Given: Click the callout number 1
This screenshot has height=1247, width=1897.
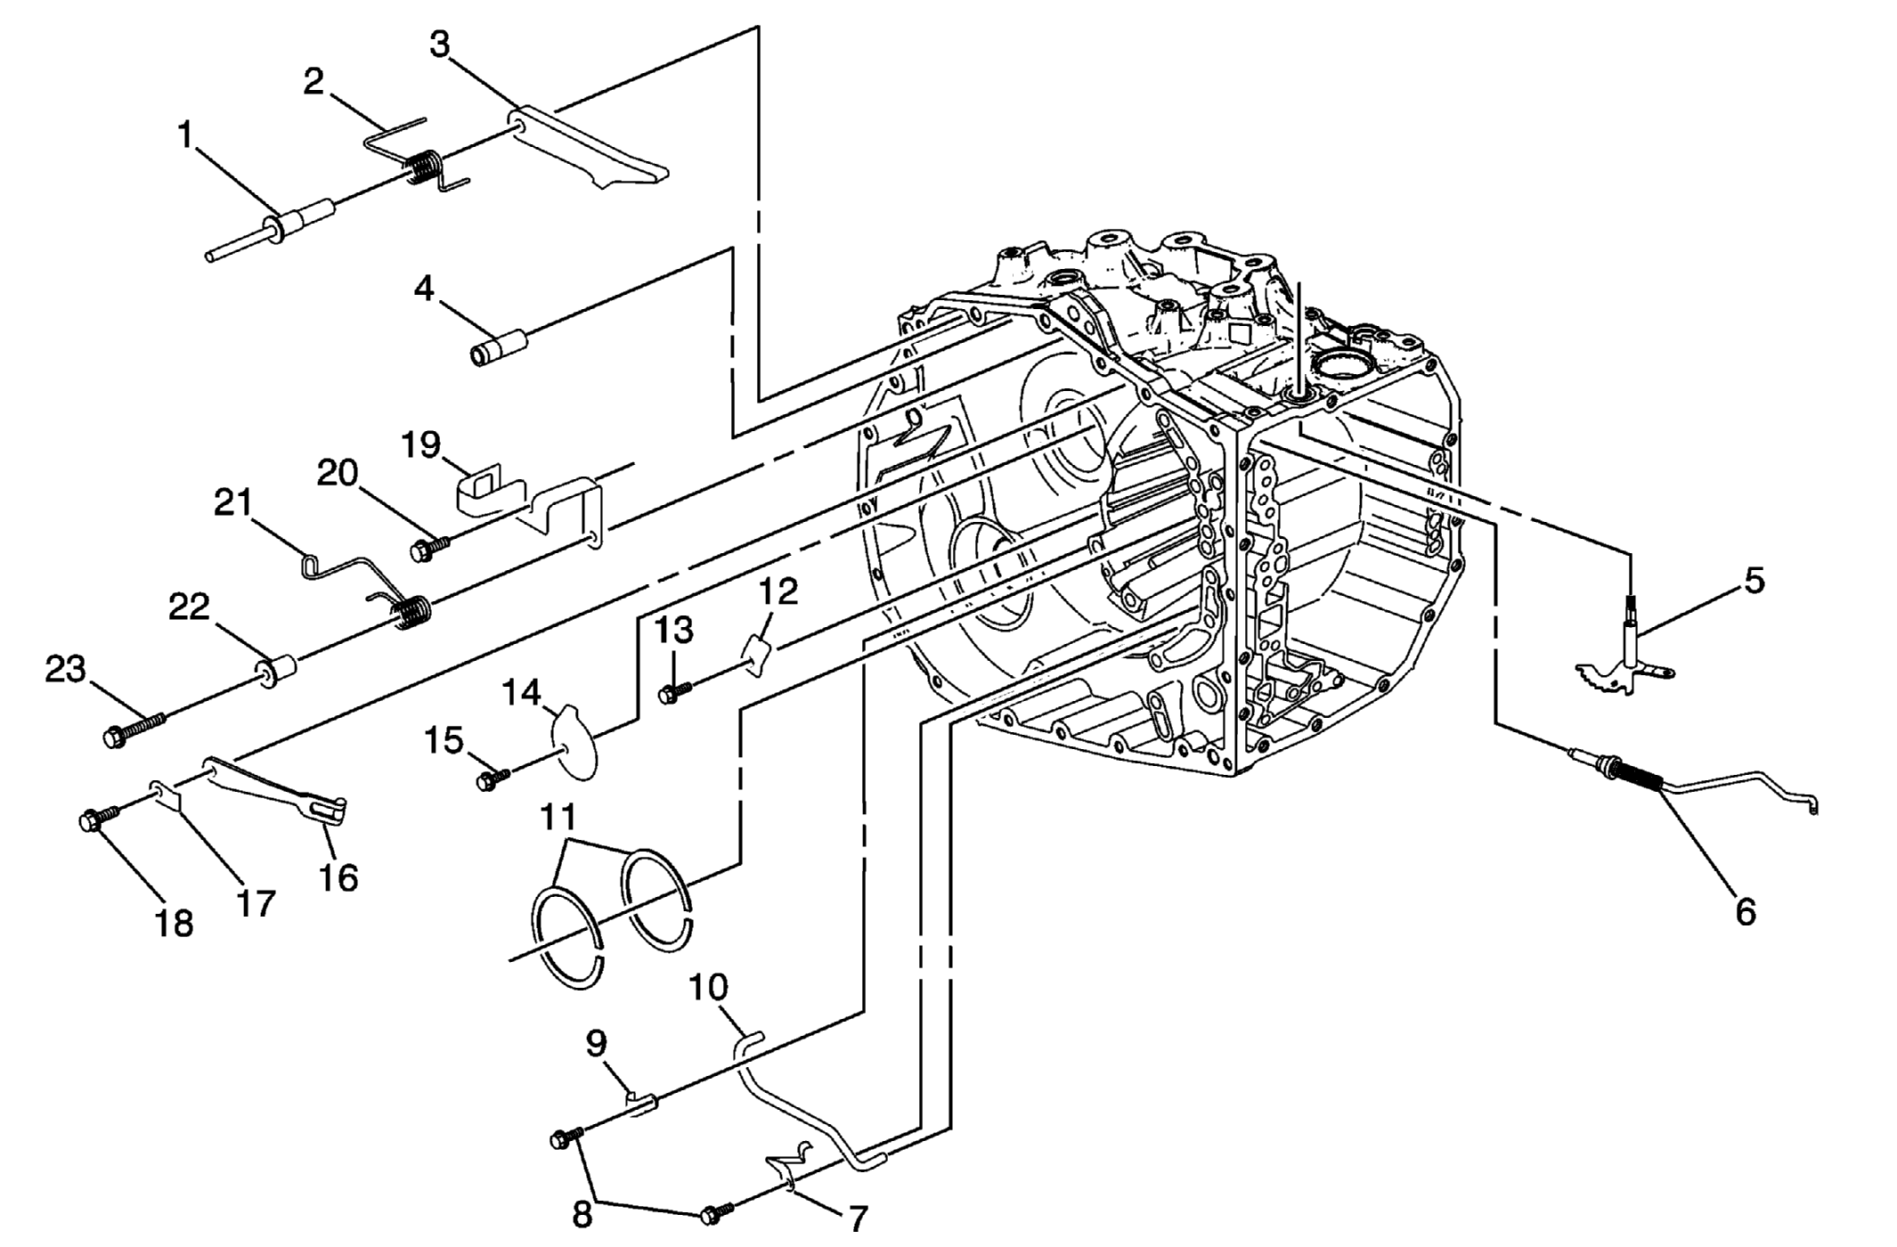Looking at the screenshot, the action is [185, 136].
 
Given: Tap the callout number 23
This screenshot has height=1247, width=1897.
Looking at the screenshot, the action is [66, 669].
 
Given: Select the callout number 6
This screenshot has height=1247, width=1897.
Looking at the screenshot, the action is [1746, 911].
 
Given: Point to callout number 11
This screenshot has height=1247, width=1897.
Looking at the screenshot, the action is [558, 816].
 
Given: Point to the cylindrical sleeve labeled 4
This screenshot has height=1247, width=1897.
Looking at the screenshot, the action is [499, 346].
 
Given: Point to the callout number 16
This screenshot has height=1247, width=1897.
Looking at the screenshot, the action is [338, 878].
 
